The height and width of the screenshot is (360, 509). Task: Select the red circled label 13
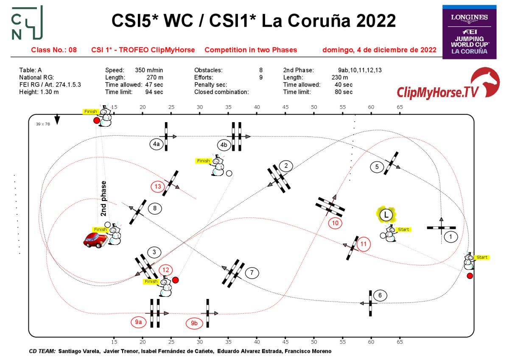coord(158,186)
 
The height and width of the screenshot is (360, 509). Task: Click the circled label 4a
coord(156,144)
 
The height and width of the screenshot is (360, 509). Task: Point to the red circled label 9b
coord(194,323)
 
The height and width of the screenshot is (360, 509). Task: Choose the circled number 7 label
coord(252,273)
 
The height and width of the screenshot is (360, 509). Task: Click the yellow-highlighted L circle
coord(386,214)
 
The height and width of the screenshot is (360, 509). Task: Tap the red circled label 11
coord(364,244)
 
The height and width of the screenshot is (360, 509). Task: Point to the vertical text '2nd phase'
coord(103,198)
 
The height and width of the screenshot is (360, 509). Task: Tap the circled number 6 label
coord(380,296)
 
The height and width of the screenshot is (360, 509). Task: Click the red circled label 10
coord(336,223)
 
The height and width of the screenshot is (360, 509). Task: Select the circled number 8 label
coord(155,208)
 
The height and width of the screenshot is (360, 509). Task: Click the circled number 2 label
coord(286,165)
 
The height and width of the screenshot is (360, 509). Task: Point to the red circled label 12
coord(166,269)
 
